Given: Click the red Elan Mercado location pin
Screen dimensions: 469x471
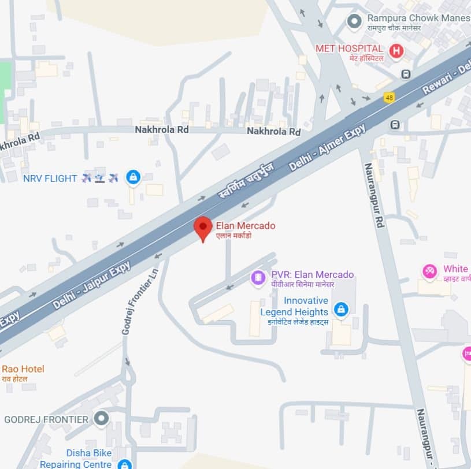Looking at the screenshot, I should pos(203,227).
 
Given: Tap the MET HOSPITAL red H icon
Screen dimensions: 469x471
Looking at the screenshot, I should pos(396,51).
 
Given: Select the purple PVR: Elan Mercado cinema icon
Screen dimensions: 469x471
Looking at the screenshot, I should pos(258,278).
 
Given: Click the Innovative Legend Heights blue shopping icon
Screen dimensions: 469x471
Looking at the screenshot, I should pos(341,310).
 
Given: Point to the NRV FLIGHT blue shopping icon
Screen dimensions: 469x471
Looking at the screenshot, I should pos(133,177).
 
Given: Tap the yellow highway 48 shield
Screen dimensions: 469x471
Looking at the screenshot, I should pos(389,98).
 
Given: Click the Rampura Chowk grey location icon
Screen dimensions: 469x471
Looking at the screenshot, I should pos(354,21).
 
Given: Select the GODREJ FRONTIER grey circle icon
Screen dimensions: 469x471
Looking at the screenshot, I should pos(102,418).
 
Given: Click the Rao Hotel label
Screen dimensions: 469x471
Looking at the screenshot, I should pos(23,369).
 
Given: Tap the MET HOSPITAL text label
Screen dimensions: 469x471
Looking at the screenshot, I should pos(349,49).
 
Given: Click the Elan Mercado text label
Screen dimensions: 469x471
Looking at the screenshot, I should pos(246,226).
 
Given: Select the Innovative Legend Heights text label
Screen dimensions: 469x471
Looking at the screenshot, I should pos(294,307).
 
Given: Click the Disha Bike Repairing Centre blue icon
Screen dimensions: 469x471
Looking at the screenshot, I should pos(124,463).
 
